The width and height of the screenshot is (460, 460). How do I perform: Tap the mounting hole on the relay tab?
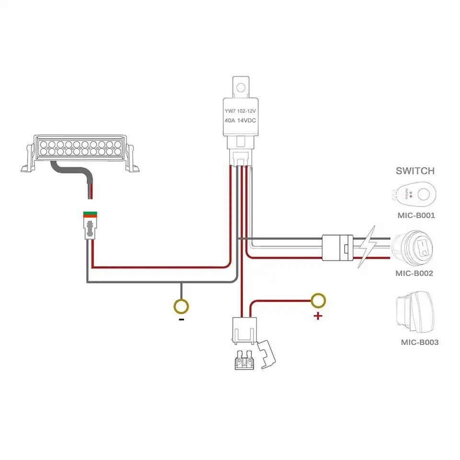tap(241, 87)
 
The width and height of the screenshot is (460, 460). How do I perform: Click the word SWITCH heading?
tap(415, 171)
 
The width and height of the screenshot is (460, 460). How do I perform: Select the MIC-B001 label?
tap(416, 215)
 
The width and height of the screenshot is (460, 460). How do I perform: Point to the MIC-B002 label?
tap(414, 274)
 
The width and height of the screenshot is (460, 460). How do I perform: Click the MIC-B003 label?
tap(419, 342)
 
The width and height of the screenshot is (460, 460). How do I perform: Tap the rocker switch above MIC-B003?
tap(416, 313)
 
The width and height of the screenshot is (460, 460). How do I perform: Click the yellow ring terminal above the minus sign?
tap(181, 305)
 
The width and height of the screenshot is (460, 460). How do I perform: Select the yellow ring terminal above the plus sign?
tap(318, 300)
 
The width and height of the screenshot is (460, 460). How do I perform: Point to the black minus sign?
tap(181, 319)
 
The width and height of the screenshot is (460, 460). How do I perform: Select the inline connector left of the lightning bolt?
tap(337, 247)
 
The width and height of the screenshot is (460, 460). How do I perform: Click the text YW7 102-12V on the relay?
tap(241, 111)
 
